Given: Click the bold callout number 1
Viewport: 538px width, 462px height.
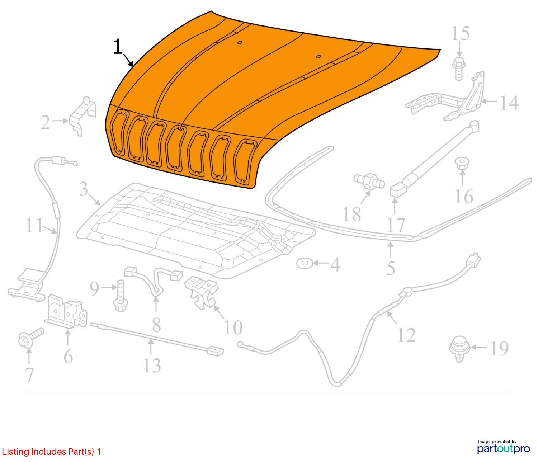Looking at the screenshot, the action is coord(118,47).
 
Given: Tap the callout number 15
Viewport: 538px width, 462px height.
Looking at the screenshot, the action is coord(460,34).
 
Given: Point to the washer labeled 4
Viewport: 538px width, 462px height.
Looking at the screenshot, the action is coord(305,263).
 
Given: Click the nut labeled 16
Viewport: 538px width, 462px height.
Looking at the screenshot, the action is coord(461,164).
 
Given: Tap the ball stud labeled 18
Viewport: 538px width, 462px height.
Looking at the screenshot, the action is coord(369,181).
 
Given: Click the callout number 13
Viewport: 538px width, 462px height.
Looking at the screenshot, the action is coord(152,365).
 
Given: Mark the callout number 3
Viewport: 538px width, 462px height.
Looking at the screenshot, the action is coord(84,189).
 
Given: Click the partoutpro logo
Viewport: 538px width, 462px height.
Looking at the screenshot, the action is coord(503,448).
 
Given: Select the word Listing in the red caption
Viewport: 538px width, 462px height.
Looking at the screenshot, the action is coord(15,452).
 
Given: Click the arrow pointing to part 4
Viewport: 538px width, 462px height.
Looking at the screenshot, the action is coord(321,263).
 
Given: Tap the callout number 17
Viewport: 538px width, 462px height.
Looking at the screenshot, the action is coord(396,225).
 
